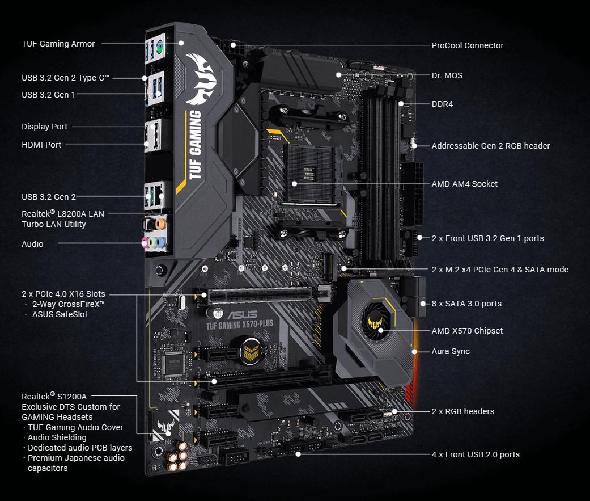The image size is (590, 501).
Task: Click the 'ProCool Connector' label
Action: [467, 45]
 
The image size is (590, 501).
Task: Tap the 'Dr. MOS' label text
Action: [447, 75]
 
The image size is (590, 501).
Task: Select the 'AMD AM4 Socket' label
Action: [464, 184]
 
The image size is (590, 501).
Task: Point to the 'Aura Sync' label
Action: [450, 351]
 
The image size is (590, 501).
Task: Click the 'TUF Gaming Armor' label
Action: [58, 44]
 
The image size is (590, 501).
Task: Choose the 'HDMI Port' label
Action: [41, 145]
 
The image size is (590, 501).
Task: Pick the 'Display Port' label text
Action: [44, 127]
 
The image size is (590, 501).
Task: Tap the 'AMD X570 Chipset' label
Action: [467, 331]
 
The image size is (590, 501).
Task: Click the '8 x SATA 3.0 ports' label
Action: [466, 304]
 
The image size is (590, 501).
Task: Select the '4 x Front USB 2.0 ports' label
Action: [475, 454]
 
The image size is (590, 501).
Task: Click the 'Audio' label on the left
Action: [32, 244]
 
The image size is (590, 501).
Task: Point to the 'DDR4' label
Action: [442, 104]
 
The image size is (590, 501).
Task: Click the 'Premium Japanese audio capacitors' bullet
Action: [76, 463]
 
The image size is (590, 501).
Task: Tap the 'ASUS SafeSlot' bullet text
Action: [60, 314]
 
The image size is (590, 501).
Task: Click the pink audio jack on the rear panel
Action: [146, 243]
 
